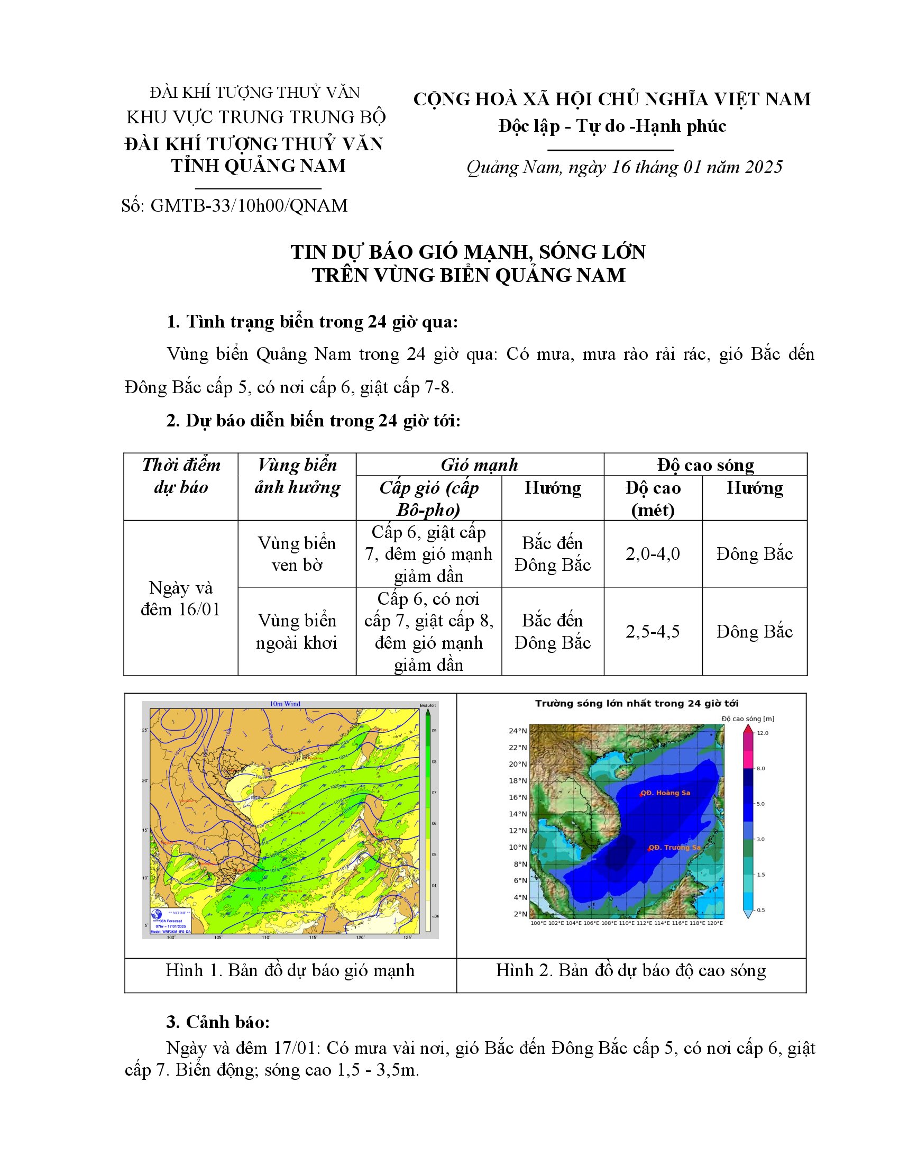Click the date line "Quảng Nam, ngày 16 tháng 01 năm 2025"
pos(624,167)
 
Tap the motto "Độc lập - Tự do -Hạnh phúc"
pos(612,126)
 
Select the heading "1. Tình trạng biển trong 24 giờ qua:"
pos(312,322)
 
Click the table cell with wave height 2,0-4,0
pos(653,554)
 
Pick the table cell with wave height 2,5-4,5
pos(653,632)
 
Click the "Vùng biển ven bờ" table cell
pos(297,554)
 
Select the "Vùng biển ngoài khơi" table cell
pos(297,632)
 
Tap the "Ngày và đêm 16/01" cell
pos(180,598)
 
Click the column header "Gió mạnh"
pos(479,465)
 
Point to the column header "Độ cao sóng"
pos(705,465)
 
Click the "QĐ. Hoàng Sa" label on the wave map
pos(665,793)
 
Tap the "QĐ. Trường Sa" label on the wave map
pos(674,848)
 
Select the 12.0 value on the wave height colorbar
pos(763,733)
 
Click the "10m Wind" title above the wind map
pos(285,704)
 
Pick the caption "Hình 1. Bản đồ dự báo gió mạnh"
pos(290,970)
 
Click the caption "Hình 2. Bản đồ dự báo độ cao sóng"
pos(631,970)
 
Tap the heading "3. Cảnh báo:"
pos(218,1022)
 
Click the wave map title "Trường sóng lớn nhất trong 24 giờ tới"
pos(636,704)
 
